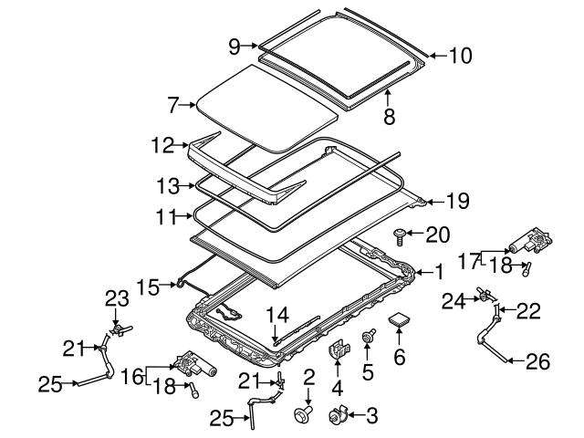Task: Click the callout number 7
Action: (173, 105)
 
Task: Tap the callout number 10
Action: (460, 56)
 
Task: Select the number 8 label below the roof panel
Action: (389, 117)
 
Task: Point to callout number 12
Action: (162, 145)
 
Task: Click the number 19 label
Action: (458, 202)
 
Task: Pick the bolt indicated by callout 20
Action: (400, 236)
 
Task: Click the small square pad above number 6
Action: (399, 319)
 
